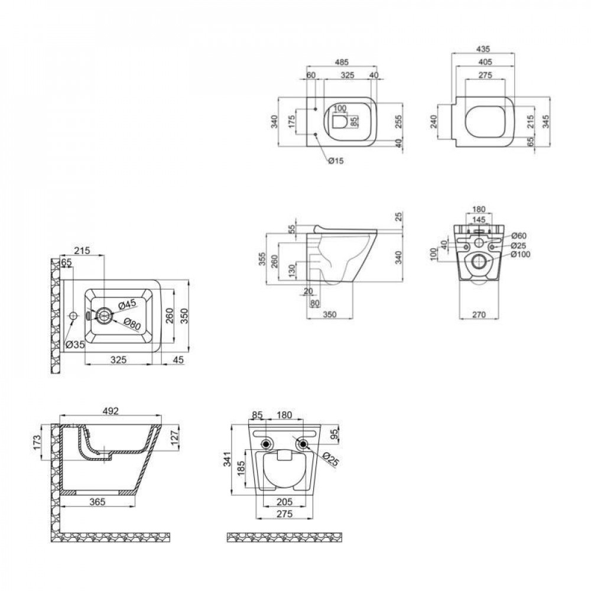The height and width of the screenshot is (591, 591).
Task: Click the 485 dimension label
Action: click(342, 62)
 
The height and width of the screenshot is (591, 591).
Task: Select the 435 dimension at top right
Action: click(483, 49)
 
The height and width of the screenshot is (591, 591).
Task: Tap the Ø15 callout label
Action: click(336, 161)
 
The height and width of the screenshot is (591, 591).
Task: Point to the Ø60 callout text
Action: click(519, 236)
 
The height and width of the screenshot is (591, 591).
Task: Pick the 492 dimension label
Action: click(111, 411)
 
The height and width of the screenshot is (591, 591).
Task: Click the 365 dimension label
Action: click(98, 502)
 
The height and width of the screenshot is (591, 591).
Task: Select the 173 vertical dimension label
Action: click(37, 443)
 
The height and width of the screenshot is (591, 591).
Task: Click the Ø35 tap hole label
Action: click(74, 345)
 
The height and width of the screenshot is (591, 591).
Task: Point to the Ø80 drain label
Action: click(132, 324)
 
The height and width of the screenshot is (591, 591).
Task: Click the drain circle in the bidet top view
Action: click(103, 315)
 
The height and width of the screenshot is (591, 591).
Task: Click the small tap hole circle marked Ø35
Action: click(73, 316)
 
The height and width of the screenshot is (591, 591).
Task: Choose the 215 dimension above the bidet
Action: click(82, 251)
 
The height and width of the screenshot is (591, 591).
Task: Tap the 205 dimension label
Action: click(285, 502)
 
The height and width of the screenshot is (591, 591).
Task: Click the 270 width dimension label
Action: click(479, 314)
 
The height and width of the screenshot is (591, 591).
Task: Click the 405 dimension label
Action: click(485, 62)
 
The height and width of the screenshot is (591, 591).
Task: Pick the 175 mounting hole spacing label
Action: click(292, 122)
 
